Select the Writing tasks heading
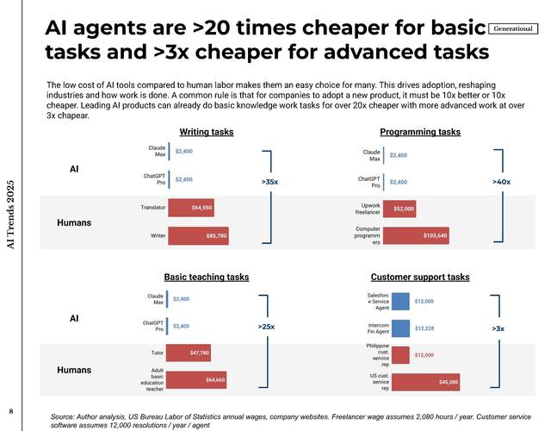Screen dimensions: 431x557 tap(206, 132)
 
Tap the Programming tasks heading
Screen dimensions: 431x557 tap(419, 132)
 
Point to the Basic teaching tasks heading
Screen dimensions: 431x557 tap(206, 277)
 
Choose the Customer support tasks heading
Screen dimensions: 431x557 tap(419, 277)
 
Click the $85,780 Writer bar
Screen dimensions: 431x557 tap(197, 235)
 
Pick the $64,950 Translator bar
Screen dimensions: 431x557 tap(189, 208)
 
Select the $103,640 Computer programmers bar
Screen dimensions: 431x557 tap(415, 235)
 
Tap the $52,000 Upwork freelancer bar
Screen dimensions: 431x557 tap(399, 208)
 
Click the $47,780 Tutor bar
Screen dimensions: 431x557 tap(189, 353)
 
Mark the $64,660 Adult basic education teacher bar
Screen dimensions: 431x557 tap(197, 379)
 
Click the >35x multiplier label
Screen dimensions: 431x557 tap(269, 183)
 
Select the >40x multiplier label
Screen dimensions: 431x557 tap(501, 183)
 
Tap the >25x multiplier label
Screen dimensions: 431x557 tap(267, 327)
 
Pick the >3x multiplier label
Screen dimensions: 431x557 tap(498, 328)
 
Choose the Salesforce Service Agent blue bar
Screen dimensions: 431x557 tap(400, 302)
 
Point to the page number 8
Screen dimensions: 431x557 tap(10, 409)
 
